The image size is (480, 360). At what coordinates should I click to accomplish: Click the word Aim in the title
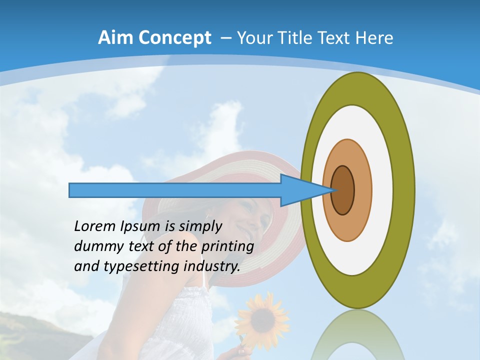[x=116, y=38]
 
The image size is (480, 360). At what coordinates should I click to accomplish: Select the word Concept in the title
[x=175, y=38]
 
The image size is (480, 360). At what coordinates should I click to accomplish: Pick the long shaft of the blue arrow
[x=175, y=190]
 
